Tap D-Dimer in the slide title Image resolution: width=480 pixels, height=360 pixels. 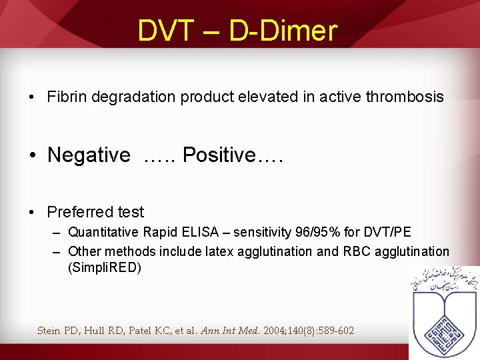pos(283,31)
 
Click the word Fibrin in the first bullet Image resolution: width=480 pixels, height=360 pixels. pos(67,97)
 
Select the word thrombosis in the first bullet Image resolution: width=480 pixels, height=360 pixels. pos(405,97)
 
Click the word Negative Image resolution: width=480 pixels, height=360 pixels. pos(89,155)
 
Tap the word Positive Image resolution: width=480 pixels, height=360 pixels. pos(219,155)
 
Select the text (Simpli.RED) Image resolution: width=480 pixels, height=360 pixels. pos(105,268)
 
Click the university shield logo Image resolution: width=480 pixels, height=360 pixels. pos(444,313)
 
